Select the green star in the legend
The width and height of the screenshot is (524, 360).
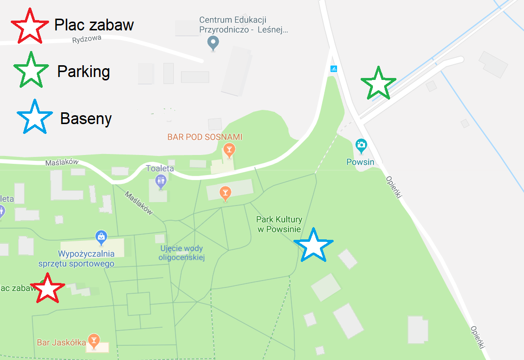pyautogui.click(x=31, y=71)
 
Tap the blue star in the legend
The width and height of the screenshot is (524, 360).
pyautogui.click(x=34, y=118)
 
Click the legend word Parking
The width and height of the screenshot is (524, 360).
pyautogui.click(x=83, y=72)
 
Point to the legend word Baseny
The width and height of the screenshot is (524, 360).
pyautogui.click(x=86, y=119)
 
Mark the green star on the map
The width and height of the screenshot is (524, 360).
pyautogui.click(x=378, y=83)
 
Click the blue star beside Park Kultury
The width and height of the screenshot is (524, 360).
pyautogui.click(x=313, y=245)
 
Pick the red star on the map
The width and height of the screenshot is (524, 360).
pyautogui.click(x=48, y=289)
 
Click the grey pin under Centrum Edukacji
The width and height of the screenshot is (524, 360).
pyautogui.click(x=213, y=43)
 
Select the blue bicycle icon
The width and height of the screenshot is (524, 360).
pyautogui.click(x=334, y=69)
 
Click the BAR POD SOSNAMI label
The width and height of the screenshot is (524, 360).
pyautogui.click(x=205, y=137)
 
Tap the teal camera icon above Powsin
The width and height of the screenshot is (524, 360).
pyautogui.click(x=361, y=145)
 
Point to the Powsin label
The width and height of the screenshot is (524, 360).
pyautogui.click(x=360, y=162)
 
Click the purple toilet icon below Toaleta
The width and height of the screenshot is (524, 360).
pyautogui.click(x=161, y=182)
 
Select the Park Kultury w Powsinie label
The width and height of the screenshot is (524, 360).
pyautogui.click(x=279, y=225)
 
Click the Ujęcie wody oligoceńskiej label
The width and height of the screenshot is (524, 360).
pyautogui.click(x=182, y=253)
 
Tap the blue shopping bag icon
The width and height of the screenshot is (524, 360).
pyautogui.click(x=101, y=237)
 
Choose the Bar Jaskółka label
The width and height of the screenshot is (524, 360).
pyautogui.click(x=61, y=342)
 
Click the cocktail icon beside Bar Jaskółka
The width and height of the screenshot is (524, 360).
pyautogui.click(x=94, y=339)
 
